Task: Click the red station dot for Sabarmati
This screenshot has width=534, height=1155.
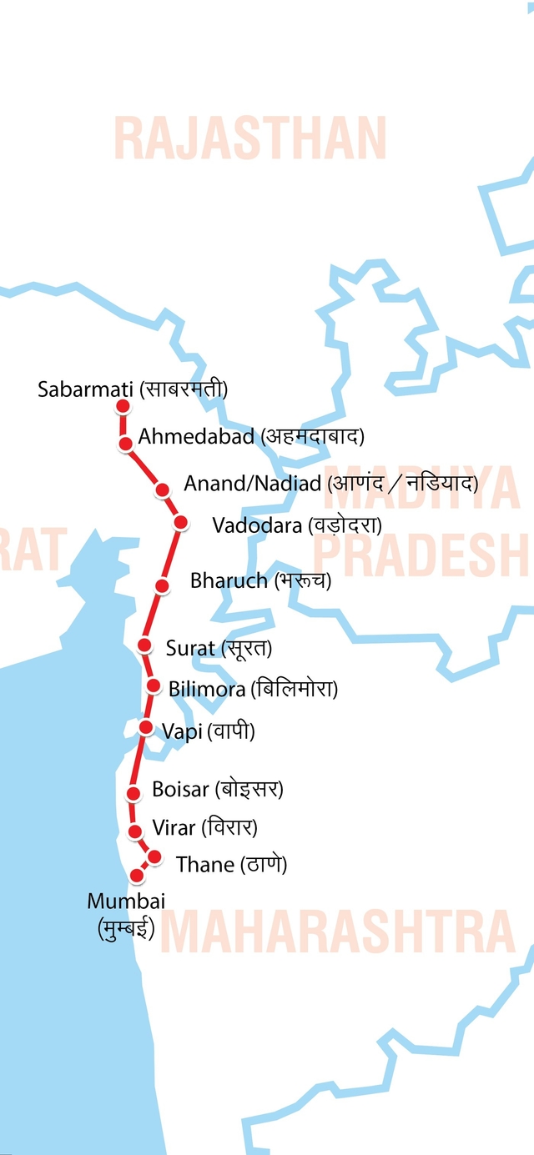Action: tap(123, 407)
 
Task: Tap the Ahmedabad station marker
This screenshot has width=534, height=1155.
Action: tap(126, 444)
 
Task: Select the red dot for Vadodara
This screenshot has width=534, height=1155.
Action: tap(180, 523)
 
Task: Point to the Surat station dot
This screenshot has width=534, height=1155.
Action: tap(144, 645)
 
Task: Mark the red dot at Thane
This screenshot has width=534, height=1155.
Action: tap(154, 856)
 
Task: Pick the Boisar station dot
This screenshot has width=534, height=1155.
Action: tap(133, 792)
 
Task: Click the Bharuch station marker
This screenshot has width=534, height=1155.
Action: tap(163, 585)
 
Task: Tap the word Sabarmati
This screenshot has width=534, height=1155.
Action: tap(86, 389)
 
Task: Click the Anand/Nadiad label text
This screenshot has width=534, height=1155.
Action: tap(252, 484)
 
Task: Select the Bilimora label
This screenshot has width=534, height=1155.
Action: tap(207, 689)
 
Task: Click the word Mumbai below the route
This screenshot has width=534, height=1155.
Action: tap(126, 901)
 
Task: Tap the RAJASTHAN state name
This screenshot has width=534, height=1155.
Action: tap(249, 139)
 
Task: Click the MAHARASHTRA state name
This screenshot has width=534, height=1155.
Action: tap(337, 932)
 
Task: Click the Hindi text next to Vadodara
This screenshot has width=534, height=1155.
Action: tap(345, 525)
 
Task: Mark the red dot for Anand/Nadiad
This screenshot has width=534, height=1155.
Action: tap(164, 490)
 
